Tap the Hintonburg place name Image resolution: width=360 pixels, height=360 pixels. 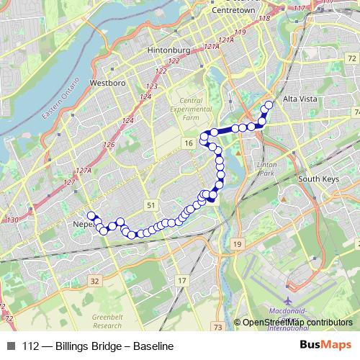pos(168,51)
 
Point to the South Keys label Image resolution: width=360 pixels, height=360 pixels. pos(318,179)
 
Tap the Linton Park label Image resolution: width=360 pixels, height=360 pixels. pos(267,169)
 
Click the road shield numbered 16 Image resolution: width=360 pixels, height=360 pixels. pos(188,144)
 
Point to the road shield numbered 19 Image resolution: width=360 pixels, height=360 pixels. pos(237,245)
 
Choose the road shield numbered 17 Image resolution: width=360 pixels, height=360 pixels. pos(181,280)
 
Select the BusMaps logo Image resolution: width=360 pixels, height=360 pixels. pos(326,346)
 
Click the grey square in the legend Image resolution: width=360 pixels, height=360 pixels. pos(10,346)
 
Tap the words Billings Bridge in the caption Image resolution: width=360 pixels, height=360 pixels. pos(79,346)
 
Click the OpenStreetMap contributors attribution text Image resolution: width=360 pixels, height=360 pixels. pos(297,323)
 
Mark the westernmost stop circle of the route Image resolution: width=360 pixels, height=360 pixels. pos(91,215)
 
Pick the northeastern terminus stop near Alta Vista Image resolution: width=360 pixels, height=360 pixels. pos(269,105)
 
